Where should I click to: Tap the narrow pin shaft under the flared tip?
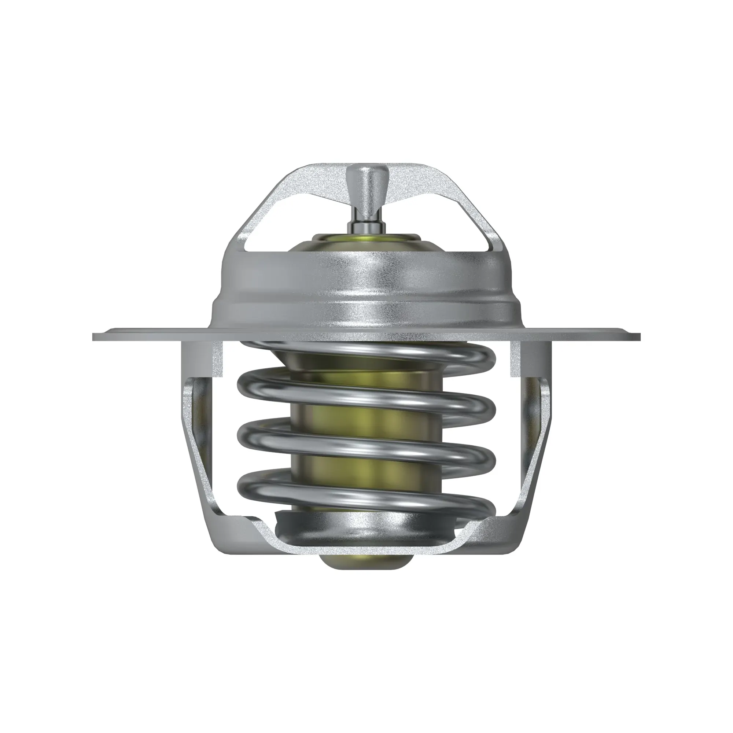[366, 222]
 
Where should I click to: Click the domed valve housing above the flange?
[366, 288]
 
